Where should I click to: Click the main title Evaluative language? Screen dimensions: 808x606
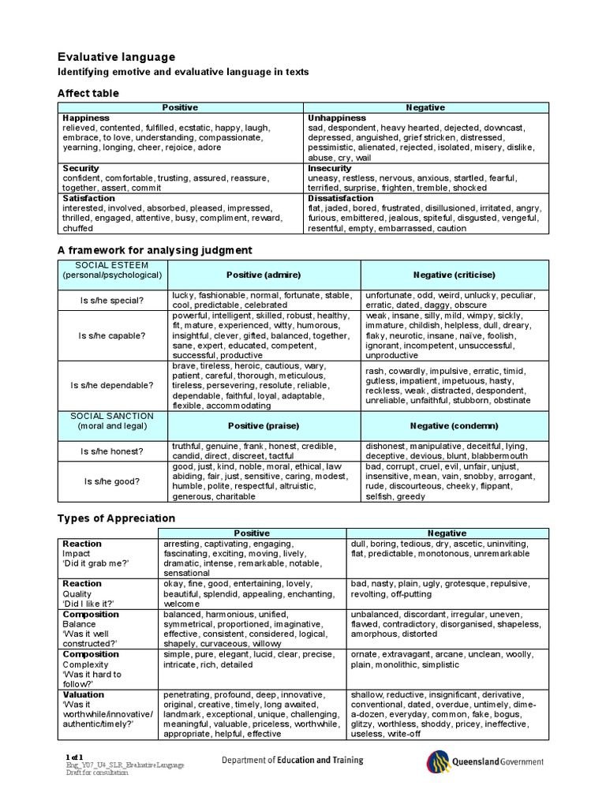pos(116,57)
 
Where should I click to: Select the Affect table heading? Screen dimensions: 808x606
pos(88,93)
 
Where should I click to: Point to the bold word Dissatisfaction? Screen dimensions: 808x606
pos(340,198)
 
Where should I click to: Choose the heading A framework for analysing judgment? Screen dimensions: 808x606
pos(155,250)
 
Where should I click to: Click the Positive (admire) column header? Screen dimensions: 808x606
pos(264,275)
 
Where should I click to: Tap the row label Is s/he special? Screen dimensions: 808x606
pos(112,300)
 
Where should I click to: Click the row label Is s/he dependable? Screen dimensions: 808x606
pos(112,385)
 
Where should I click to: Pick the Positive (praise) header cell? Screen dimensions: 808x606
pos(264,425)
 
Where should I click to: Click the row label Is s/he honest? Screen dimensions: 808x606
pos(112,451)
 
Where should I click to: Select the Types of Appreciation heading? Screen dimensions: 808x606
pos(116,518)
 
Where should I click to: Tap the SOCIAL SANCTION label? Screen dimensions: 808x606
pos(112,416)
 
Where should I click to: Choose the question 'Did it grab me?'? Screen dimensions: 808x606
pos(95,563)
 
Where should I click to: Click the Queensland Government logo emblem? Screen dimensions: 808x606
pos(440,761)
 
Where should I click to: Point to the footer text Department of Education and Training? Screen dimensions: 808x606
pos(291,761)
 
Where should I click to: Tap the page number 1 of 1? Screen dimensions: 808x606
pos(74,757)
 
